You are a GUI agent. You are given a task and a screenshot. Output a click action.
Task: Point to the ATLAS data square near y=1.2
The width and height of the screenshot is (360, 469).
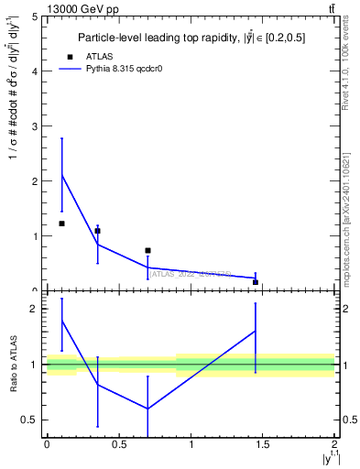click(61, 224)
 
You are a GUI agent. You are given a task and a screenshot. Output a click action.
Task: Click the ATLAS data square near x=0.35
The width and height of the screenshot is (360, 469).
click(97, 231)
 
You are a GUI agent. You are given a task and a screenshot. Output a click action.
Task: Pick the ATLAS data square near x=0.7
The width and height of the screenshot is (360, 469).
click(147, 250)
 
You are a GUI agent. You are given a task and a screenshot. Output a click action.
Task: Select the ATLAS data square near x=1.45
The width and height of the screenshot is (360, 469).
click(256, 282)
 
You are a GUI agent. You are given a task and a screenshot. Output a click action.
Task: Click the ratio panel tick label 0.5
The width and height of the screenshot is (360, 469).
click(31, 420)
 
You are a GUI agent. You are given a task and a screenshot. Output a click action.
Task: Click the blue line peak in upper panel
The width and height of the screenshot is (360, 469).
click(61, 174)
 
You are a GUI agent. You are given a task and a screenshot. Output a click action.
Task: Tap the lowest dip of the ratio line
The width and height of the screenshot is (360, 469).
click(147, 409)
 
